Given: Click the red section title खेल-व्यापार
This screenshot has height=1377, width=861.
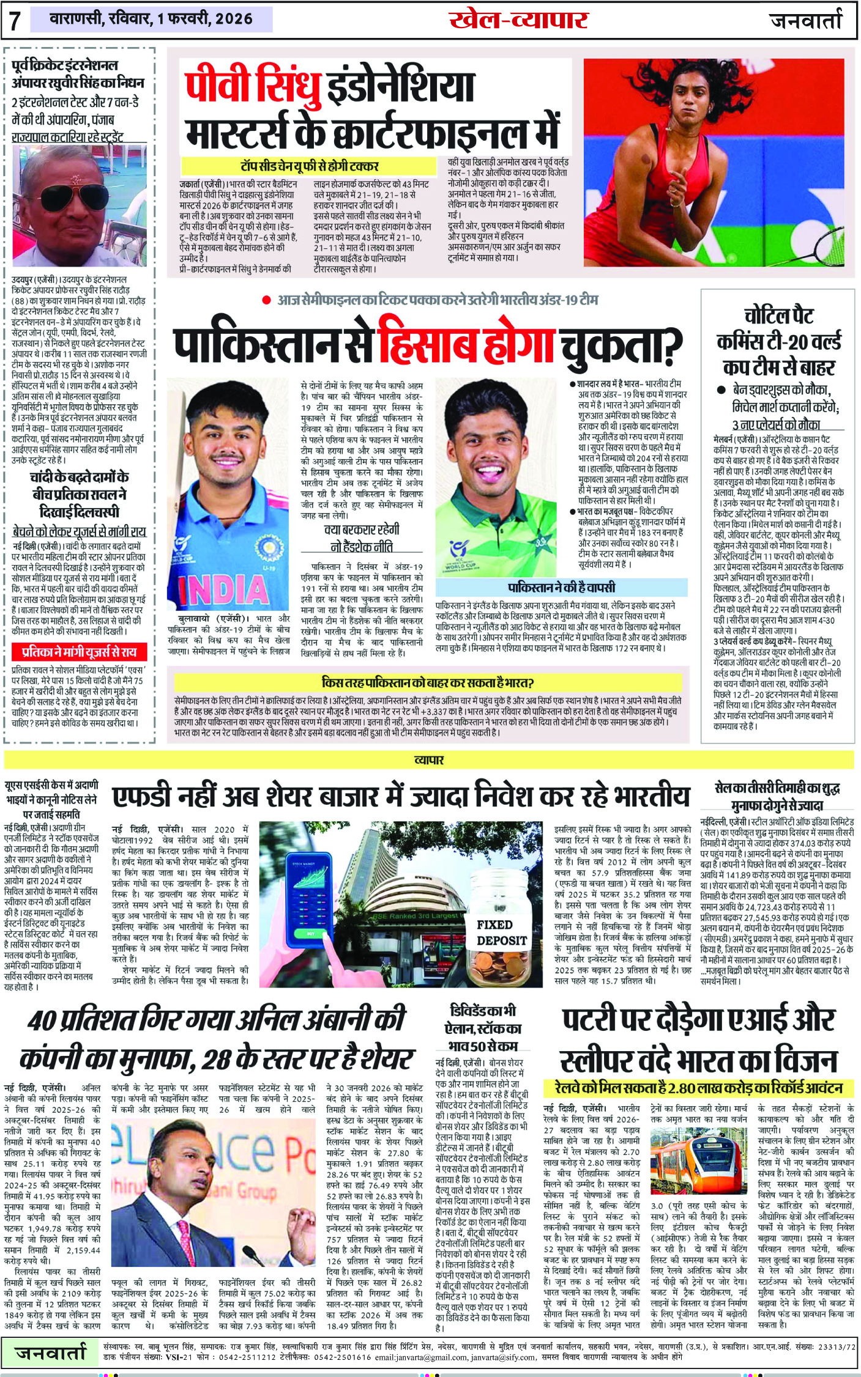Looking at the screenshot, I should coord(518,20).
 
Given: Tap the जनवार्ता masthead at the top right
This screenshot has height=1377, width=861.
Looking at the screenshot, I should coord(806,20).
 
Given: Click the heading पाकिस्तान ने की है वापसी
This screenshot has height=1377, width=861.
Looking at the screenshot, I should coord(561,587).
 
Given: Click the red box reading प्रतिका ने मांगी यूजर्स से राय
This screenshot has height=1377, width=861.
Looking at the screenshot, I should coord(78,652).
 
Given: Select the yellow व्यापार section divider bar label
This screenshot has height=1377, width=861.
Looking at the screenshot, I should coord(429,760).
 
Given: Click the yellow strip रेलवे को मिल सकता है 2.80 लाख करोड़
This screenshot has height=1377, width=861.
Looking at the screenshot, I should coord(698,1088).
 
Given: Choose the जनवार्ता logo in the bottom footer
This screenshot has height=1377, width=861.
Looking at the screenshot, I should coord(51,1353).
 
